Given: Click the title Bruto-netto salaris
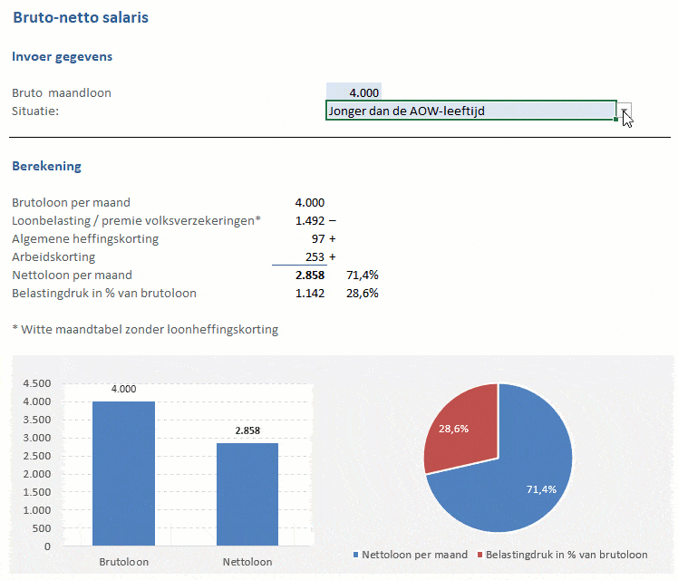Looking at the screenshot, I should (x=81, y=17).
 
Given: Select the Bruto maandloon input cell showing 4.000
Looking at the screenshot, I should (x=354, y=92).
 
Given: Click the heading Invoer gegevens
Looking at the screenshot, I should (x=63, y=56).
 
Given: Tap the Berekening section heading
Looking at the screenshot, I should (x=46, y=166).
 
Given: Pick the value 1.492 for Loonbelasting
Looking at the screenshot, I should (x=309, y=220).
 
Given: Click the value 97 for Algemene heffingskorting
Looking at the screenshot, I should (x=317, y=238).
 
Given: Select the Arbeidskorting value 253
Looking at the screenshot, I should (x=314, y=256).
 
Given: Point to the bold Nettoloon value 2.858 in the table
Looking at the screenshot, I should (x=309, y=275).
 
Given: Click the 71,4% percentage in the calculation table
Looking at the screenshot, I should (x=363, y=275).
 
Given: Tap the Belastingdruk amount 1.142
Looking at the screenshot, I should (x=309, y=293).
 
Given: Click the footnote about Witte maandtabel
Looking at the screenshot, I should (x=145, y=329).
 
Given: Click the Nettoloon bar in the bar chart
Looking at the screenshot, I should (x=247, y=494).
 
